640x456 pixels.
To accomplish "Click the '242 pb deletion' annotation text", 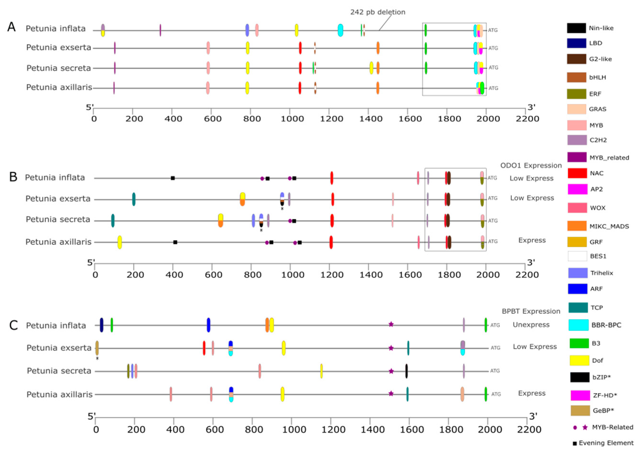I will point(378,12).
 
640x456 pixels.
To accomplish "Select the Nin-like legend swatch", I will point(576,28).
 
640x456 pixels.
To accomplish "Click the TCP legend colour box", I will point(578,307).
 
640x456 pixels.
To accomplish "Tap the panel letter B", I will point(13,177).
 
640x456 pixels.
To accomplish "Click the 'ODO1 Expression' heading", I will point(531,165).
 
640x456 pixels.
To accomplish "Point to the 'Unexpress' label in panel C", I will point(531,325).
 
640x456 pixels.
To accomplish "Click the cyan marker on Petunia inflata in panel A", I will point(340,30).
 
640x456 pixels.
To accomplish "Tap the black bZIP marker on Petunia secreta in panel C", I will point(406,371).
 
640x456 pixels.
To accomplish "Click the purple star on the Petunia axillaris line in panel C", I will point(391,393).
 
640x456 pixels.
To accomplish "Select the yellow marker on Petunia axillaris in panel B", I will point(120,242).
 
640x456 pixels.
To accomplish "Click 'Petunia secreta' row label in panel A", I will point(59,68).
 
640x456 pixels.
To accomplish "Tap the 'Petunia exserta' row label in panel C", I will point(59,348).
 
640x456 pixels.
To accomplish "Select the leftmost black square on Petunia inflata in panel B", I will point(173,178).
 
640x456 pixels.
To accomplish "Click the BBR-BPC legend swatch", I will point(578,325).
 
